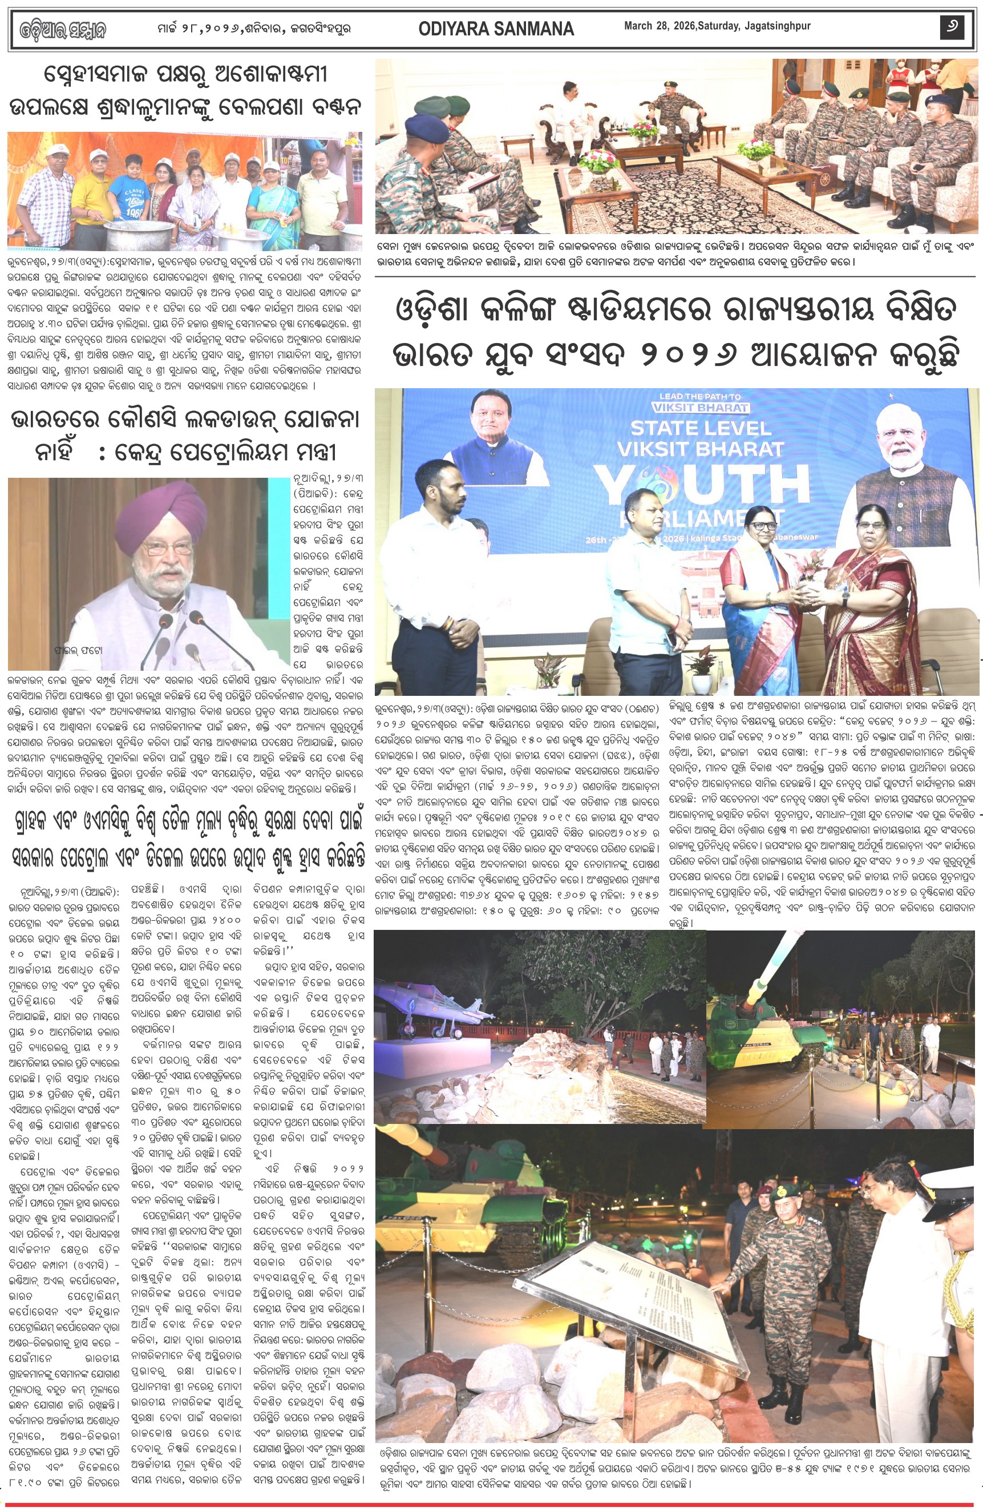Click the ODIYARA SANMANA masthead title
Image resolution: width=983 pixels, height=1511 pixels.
(x=496, y=29)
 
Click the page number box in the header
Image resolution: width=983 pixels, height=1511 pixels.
(x=952, y=27)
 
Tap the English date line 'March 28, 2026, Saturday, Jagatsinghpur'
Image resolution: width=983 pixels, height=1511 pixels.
(x=717, y=26)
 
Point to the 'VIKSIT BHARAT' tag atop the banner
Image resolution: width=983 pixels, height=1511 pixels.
(x=700, y=408)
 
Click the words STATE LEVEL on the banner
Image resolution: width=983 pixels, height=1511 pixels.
(x=700, y=428)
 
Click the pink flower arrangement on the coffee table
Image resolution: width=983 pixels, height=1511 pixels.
(x=598, y=160)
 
